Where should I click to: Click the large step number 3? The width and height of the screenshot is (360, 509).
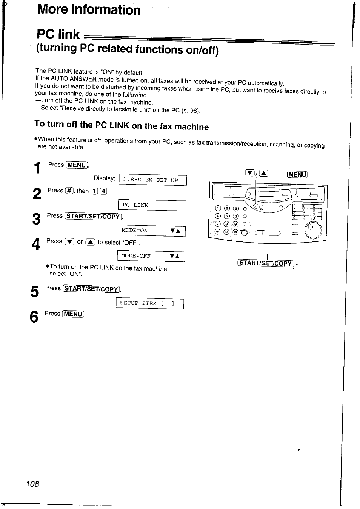36,219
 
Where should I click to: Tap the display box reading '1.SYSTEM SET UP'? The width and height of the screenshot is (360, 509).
152,180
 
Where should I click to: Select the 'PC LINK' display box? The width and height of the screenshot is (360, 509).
152,205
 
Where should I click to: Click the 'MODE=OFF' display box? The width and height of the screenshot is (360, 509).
151,256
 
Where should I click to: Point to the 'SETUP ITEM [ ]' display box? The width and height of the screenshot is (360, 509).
150,303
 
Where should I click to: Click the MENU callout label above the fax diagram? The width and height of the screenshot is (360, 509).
297,174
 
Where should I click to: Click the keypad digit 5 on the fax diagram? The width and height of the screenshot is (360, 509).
226,216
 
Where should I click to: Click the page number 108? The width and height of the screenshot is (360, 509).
32,484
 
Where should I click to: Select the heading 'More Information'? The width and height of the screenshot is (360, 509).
89,9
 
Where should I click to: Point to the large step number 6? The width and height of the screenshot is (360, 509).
34,317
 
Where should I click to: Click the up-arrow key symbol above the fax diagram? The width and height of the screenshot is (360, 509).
264,174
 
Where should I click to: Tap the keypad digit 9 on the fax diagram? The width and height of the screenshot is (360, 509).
235,224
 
